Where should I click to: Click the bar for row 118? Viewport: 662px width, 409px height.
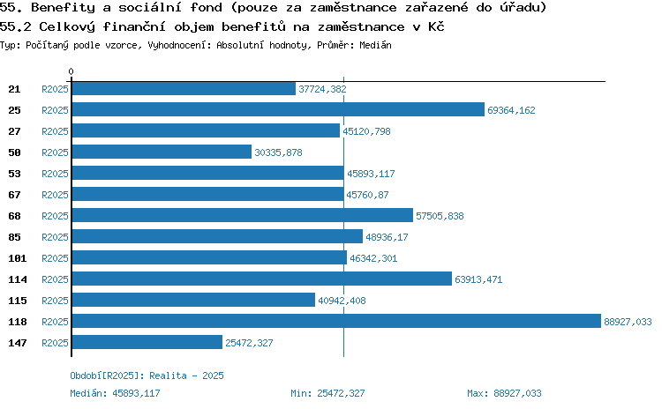[336, 321]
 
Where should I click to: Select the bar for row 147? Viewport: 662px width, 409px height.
[147, 342]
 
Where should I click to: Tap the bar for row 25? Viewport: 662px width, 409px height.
[278, 109]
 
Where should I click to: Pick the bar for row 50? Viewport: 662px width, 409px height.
[162, 152]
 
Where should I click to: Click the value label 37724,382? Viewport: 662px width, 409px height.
[322, 89]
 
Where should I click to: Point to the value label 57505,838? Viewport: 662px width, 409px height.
[440, 216]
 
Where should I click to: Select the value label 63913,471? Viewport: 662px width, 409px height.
[478, 279]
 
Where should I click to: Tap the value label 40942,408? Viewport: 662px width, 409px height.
[342, 301]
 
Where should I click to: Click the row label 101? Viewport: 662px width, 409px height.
[18, 258]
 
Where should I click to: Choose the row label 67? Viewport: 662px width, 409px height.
[14, 195]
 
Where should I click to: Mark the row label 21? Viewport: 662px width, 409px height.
[14, 89]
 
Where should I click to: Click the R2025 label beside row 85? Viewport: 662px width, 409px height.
[55, 237]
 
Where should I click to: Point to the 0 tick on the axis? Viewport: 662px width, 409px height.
[71, 71]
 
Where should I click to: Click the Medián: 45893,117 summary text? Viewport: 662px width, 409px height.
[116, 393]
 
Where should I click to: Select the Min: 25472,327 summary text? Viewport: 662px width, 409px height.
[327, 393]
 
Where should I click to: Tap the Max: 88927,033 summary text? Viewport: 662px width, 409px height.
[504, 393]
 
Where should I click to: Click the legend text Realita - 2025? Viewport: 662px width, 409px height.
[186, 376]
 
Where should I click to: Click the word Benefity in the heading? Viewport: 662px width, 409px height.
[64, 8]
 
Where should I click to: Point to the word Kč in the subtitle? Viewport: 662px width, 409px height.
[436, 26]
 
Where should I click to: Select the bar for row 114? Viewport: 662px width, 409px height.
[262, 279]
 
